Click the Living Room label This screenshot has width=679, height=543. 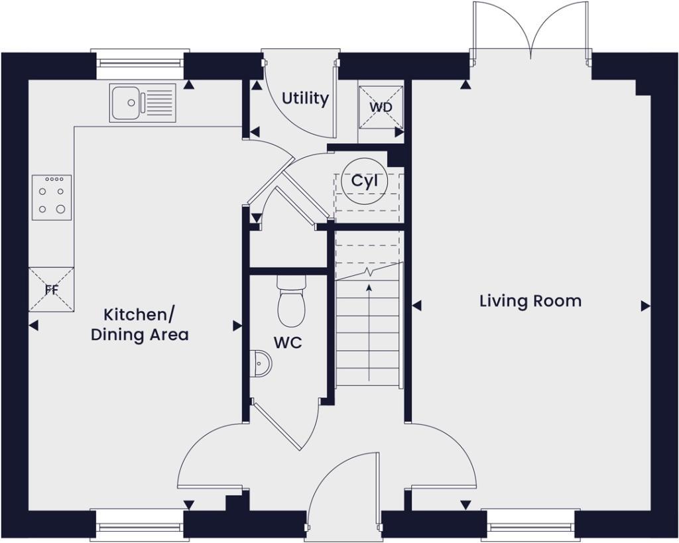point(530,301)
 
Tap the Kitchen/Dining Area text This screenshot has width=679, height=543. point(139,324)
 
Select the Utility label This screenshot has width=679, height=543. point(305,99)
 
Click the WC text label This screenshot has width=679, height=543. point(288,343)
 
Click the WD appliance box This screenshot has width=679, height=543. point(381,107)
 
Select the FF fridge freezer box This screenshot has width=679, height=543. point(51,289)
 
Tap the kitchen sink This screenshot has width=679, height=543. point(143,103)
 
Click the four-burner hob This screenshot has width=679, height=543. point(51,198)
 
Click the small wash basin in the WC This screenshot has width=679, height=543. point(262,364)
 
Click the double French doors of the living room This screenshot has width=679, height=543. point(529,30)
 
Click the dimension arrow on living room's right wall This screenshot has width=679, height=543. point(645,306)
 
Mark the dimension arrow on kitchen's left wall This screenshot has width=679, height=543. point(33,325)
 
